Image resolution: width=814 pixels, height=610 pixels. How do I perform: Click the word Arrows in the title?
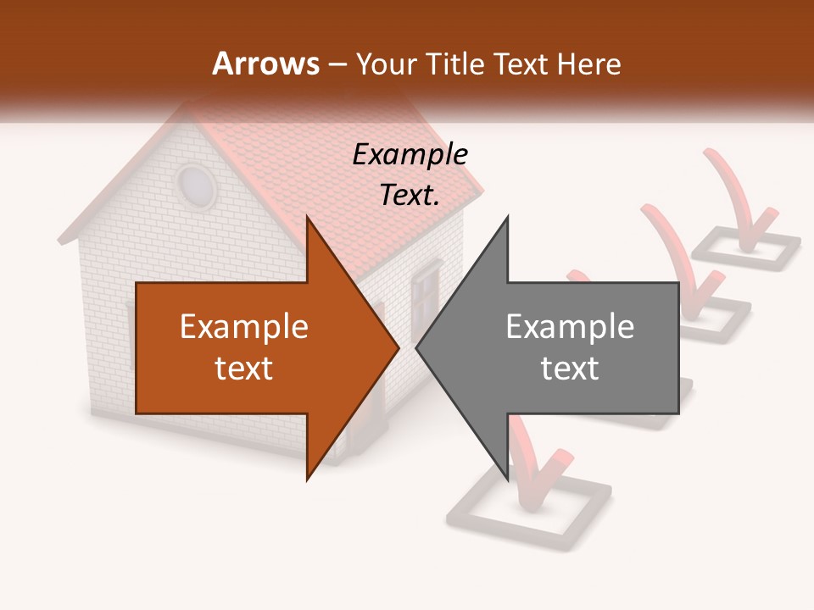[266, 64]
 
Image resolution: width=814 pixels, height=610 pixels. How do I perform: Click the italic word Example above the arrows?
[410, 154]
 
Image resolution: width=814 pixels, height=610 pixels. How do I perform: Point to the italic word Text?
[410, 195]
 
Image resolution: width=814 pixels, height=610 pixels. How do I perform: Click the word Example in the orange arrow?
[244, 327]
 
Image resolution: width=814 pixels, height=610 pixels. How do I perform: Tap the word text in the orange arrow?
[244, 368]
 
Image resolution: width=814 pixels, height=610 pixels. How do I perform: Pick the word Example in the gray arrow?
[570, 327]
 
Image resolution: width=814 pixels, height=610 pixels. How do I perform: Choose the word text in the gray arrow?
[570, 368]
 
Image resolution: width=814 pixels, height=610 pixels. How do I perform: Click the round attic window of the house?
[196, 185]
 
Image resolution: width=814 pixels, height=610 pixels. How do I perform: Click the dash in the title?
[337, 64]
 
